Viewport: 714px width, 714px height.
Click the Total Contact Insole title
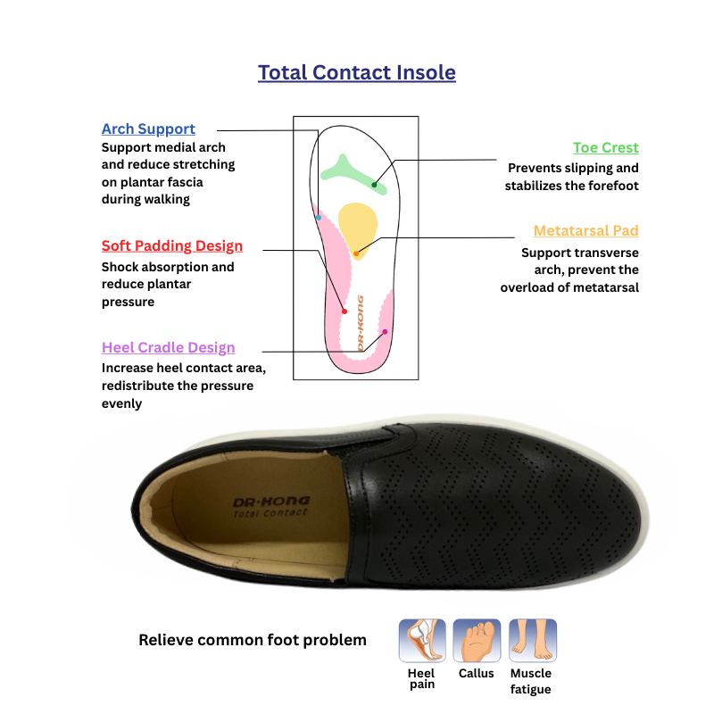tap(357, 72)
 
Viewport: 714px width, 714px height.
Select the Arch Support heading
tap(148, 129)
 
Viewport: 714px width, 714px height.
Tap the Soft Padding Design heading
tap(172, 245)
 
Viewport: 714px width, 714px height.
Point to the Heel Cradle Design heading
tap(169, 347)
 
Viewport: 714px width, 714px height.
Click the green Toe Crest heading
tap(605, 147)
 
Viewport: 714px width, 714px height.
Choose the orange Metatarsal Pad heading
tap(585, 230)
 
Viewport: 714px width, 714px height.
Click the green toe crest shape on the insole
tap(347, 171)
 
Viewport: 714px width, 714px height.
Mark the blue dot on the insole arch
tap(319, 218)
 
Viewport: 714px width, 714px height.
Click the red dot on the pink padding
tap(345, 311)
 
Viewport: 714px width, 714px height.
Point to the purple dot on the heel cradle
tap(385, 331)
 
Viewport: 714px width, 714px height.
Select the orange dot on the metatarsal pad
tap(356, 254)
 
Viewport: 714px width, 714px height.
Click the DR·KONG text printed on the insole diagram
tap(360, 321)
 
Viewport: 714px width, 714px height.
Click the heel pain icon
tap(420, 640)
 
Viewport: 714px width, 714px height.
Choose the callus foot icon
tap(476, 640)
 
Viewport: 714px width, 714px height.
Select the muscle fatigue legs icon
tap(532, 640)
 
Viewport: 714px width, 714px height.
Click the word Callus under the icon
tap(476, 674)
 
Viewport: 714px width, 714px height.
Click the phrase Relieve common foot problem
tap(253, 640)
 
